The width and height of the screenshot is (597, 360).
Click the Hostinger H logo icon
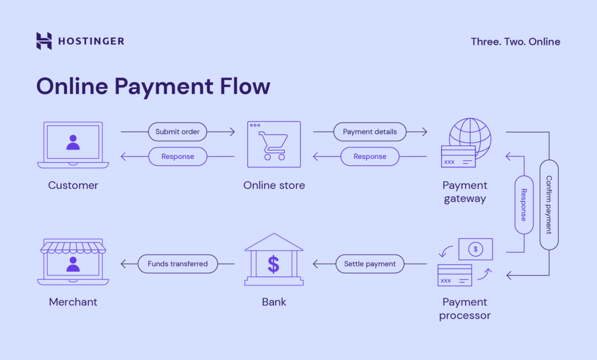[x=44, y=41]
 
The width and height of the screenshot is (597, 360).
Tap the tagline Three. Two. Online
[x=515, y=41]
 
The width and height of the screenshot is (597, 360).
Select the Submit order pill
[x=177, y=132]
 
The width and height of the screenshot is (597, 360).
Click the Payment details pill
[x=370, y=132]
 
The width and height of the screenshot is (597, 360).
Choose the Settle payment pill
[x=370, y=264]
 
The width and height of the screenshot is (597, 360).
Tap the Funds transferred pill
[x=177, y=264]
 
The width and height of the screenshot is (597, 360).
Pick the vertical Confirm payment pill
[x=549, y=204]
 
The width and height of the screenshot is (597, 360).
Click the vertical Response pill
[x=524, y=204]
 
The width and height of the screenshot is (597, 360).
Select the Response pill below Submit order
[x=177, y=156]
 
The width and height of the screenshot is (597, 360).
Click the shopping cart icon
[x=273, y=146]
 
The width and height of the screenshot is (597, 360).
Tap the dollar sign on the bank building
[x=273, y=264]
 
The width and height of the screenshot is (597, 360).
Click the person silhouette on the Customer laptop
[x=73, y=142]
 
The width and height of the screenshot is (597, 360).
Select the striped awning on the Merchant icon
[x=73, y=248]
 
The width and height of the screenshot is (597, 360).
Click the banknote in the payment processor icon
[x=476, y=249]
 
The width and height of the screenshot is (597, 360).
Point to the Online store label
[x=274, y=185]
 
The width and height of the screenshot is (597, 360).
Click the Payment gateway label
[x=465, y=192]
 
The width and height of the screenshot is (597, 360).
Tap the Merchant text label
[x=73, y=302]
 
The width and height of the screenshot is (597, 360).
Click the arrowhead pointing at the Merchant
[x=124, y=264]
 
